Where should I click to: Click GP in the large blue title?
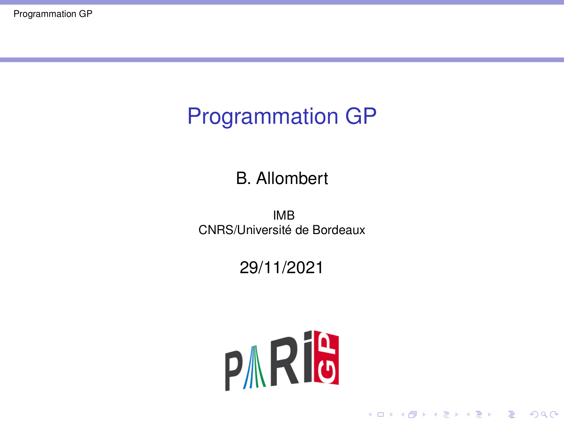coord(361,116)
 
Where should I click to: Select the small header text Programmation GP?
coord(53,14)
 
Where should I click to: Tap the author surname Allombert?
coord(292,178)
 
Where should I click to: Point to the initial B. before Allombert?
coord(243,178)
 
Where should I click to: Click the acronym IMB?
coord(283,215)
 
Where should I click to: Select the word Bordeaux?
coord(338,230)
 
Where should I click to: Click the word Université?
coord(264,230)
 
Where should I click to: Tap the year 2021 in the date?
coord(305,267)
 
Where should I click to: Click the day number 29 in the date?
coord(249,267)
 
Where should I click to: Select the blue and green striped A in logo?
coord(255,367)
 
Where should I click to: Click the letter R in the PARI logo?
coord(284,361)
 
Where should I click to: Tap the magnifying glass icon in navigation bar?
coord(544,414)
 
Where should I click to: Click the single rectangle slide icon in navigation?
coord(381,414)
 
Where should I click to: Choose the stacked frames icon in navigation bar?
coord(412,414)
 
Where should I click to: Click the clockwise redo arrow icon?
coord(554,414)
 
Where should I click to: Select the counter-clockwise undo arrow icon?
coord(534,414)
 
